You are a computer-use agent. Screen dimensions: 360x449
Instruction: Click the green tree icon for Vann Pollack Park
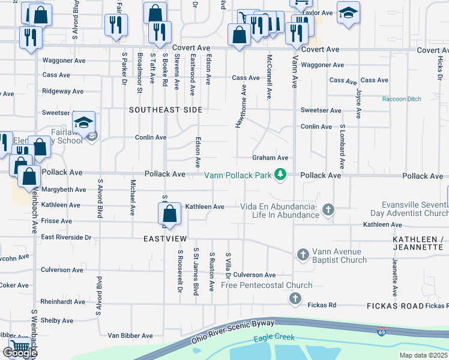click(280, 175)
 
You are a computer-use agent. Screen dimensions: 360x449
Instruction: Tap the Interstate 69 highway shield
click(382, 331)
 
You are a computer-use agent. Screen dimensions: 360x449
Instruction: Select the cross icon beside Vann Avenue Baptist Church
click(302, 254)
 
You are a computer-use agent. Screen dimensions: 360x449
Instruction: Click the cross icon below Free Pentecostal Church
click(295, 298)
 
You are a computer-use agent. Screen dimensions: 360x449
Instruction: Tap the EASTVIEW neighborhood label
click(165, 238)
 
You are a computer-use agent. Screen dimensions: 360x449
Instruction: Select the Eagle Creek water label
click(274, 337)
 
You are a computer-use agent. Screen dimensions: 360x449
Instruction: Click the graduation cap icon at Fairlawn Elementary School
click(84, 123)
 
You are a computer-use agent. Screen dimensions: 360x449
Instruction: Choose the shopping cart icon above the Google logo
click(20, 345)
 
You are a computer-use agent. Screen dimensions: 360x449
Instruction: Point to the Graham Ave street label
click(270, 158)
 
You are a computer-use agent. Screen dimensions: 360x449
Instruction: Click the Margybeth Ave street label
click(64, 190)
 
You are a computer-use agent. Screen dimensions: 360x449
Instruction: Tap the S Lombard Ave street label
click(342, 147)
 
